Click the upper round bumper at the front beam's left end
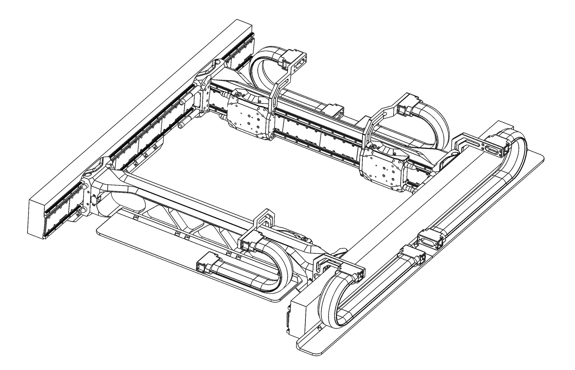point(84,187)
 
